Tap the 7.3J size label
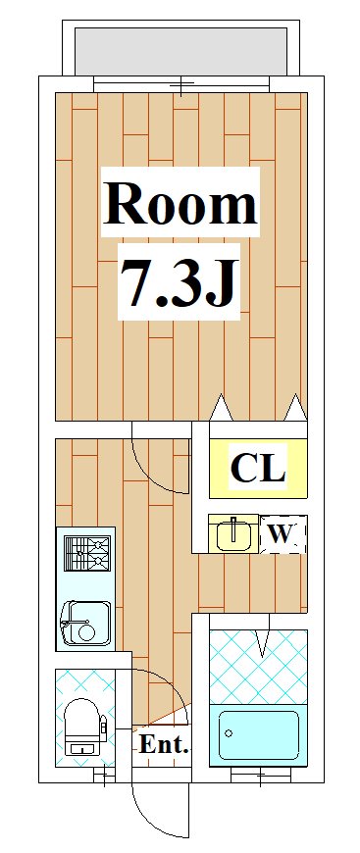tap(180, 280)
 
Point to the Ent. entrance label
tap(164, 744)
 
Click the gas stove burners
tap(87, 553)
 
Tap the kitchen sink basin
tap(86, 624)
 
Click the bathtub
tap(259, 735)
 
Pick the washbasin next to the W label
tap(233, 533)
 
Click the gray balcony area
tap(180, 52)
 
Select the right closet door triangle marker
tap(295, 407)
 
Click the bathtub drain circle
tap(229, 733)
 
